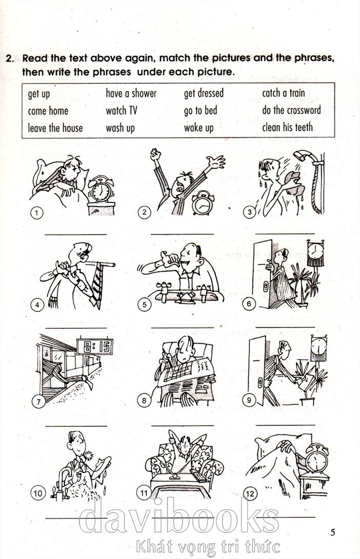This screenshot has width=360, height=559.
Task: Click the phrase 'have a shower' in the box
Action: (131, 93)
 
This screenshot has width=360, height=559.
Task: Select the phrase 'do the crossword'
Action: (291, 110)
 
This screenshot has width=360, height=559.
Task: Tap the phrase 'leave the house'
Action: (55, 128)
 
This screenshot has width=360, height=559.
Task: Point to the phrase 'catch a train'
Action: (284, 93)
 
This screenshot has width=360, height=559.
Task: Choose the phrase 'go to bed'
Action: (201, 111)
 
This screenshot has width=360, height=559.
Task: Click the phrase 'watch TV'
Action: (122, 111)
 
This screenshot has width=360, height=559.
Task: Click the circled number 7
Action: (38, 402)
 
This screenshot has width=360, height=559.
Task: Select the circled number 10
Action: (37, 493)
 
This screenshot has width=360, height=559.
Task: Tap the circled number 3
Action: (249, 212)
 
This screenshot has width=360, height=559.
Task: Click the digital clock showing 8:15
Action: (94, 346)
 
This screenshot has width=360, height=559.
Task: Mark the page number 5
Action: (332, 532)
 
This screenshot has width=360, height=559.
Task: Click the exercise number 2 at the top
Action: (10, 58)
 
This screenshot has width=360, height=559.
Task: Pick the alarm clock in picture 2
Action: (203, 203)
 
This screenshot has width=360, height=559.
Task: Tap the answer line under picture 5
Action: (183, 327)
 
